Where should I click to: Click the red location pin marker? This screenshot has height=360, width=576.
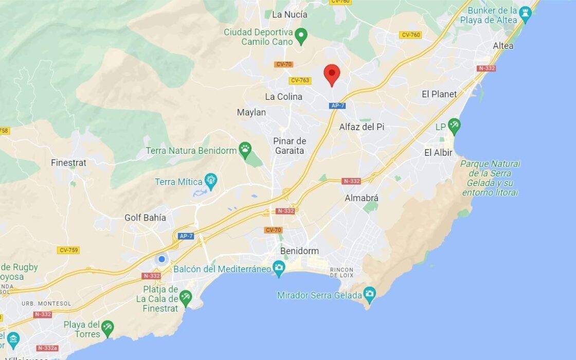click(332, 75)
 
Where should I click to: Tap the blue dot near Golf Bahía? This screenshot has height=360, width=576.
click(161, 259)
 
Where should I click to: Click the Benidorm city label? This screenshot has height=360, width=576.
click(299, 251)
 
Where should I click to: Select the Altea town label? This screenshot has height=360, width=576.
click(502, 46)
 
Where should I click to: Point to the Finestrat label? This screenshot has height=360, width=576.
click(68, 163)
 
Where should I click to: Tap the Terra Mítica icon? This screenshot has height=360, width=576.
click(210, 181)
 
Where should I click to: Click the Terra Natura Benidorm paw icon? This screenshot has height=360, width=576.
click(245, 150)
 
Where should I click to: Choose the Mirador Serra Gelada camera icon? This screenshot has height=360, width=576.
click(369, 294)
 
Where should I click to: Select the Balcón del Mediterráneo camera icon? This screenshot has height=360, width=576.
click(279, 267)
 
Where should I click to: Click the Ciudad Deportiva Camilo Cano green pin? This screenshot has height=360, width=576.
click(301, 35)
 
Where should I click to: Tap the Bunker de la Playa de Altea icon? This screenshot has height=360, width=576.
click(525, 13)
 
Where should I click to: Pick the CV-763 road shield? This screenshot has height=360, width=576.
click(300, 80)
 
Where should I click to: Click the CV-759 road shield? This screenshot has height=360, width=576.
click(68, 250)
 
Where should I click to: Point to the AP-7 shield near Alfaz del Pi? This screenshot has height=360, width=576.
click(337, 105)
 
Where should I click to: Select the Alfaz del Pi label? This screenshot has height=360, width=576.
click(362, 127)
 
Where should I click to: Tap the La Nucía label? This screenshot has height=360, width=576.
click(289, 14)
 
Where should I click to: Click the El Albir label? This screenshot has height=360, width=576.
click(438, 152)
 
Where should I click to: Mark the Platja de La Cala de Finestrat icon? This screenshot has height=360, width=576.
click(185, 297)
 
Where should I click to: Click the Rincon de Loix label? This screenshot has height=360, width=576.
click(341, 272)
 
